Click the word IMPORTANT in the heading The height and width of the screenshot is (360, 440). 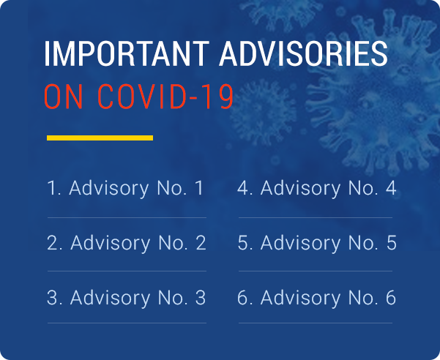tap(127, 54)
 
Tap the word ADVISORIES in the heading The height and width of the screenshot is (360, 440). tap(303, 54)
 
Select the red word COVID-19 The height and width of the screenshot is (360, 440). tap(165, 97)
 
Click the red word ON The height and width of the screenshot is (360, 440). tap(64, 97)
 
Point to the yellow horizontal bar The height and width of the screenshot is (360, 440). tap(100, 138)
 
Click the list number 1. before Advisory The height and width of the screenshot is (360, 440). tap(54, 188)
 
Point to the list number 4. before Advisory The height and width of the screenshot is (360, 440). tap(245, 188)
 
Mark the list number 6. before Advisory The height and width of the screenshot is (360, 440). tap(245, 298)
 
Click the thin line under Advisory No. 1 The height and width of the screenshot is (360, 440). tap(127, 217)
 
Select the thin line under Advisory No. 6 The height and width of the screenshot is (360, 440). tap(316, 323)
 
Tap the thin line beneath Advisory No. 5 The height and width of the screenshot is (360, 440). tap(316, 271)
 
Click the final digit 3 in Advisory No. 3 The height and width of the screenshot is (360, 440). tap(201, 298)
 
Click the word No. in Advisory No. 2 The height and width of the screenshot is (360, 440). tap(173, 243)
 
